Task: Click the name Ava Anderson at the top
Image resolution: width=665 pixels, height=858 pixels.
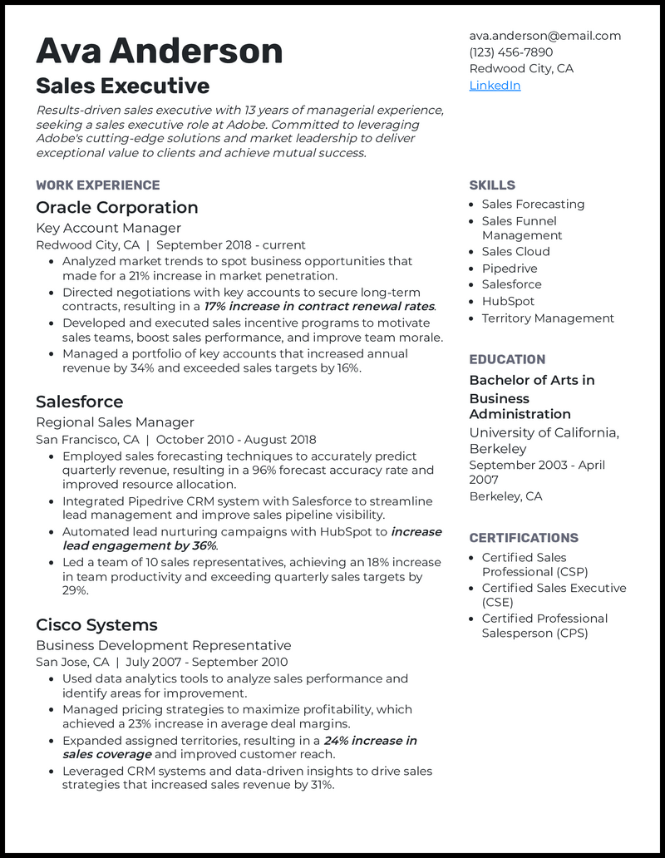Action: [x=159, y=52]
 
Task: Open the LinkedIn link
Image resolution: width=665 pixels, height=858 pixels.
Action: [x=495, y=86]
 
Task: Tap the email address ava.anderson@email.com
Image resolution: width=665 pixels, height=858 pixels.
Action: [x=544, y=36]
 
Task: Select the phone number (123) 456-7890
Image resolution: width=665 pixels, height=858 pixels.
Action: [x=510, y=52]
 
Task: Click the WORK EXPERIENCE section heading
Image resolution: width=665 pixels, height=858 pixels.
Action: [x=97, y=185]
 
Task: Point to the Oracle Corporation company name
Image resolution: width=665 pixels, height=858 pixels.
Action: [x=116, y=208]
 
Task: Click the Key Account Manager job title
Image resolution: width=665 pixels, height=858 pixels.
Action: [x=108, y=228]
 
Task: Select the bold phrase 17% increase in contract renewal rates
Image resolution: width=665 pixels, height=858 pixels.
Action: [x=319, y=307]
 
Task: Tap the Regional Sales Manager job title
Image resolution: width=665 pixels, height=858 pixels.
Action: [x=115, y=422]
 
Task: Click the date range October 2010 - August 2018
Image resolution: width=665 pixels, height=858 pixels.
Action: [x=236, y=440]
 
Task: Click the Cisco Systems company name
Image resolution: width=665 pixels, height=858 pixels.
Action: [x=96, y=625]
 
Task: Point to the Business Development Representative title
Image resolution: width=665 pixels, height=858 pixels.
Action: [x=163, y=645]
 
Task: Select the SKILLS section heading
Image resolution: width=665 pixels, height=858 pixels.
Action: [x=492, y=185]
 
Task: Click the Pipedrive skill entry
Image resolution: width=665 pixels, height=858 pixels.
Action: [x=510, y=269]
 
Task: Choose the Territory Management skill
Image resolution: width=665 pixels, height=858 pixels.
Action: [x=548, y=318]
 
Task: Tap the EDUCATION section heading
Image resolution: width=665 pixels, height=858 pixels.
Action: [x=507, y=360]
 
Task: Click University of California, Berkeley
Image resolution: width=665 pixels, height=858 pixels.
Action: [x=544, y=441]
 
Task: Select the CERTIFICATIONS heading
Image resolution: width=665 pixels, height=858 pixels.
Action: [x=524, y=538]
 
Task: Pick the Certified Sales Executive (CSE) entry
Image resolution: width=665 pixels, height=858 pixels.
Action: [x=554, y=595]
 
